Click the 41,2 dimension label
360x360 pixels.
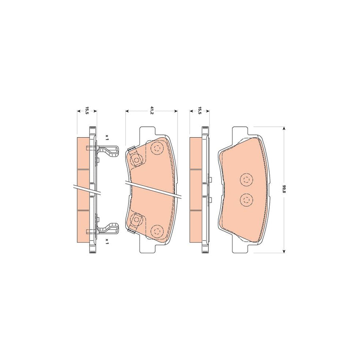(152, 109)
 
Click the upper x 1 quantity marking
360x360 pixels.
(107, 136)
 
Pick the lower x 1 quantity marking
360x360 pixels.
(107, 241)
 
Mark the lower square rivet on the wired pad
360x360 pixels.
(137, 219)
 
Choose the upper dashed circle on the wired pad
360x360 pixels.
(156, 149)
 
